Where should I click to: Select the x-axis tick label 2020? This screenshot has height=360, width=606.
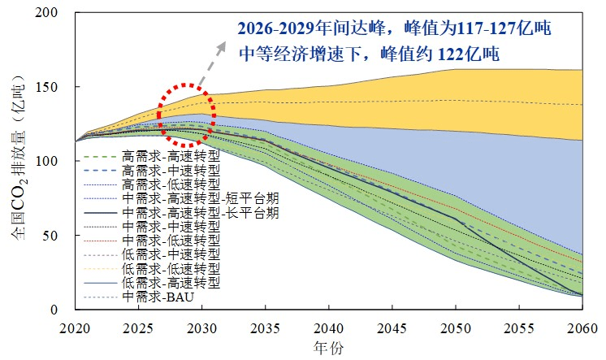tap(76, 327)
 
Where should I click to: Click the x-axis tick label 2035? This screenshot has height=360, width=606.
tap(265, 327)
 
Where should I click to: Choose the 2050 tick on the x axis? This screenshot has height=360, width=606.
tap(454, 327)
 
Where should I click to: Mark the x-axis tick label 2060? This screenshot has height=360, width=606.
tap(580, 327)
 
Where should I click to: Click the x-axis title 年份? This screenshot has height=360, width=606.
tap(327, 347)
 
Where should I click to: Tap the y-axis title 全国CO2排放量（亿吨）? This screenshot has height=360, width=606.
tap(18, 161)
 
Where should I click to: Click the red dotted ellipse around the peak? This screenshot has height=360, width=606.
tap(186, 115)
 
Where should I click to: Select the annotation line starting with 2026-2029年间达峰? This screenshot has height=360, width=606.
tap(395, 29)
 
